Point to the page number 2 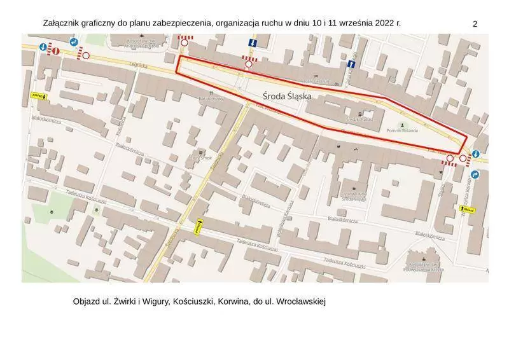(475, 24)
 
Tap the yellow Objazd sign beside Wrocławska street (468, 209)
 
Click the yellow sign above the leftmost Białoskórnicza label (38, 96)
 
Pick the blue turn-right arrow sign (475, 174)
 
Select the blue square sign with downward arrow (253, 43)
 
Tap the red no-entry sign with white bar (55, 50)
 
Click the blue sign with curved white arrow (74, 43)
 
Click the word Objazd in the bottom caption (87, 301)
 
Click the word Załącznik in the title (62, 24)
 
